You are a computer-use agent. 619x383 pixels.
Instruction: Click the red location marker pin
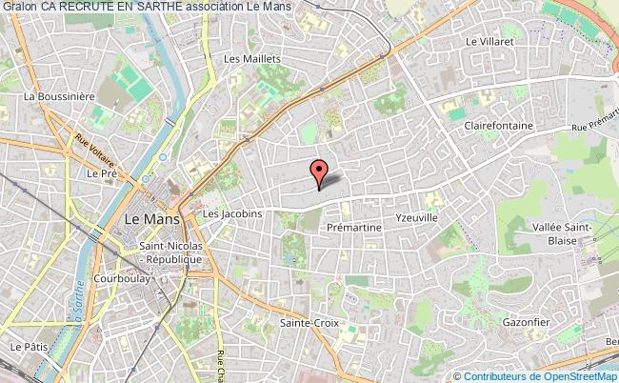(x=318, y=172)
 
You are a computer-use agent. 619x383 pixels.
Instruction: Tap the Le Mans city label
(x=146, y=218)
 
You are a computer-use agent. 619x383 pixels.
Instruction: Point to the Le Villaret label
(x=489, y=42)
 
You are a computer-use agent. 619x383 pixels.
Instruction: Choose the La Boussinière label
(x=61, y=96)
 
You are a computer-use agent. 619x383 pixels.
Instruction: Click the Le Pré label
(x=100, y=174)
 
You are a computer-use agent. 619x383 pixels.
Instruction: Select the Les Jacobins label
(x=232, y=214)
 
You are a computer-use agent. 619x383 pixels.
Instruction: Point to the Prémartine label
(x=353, y=229)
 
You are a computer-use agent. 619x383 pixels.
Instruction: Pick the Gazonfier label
(x=526, y=322)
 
